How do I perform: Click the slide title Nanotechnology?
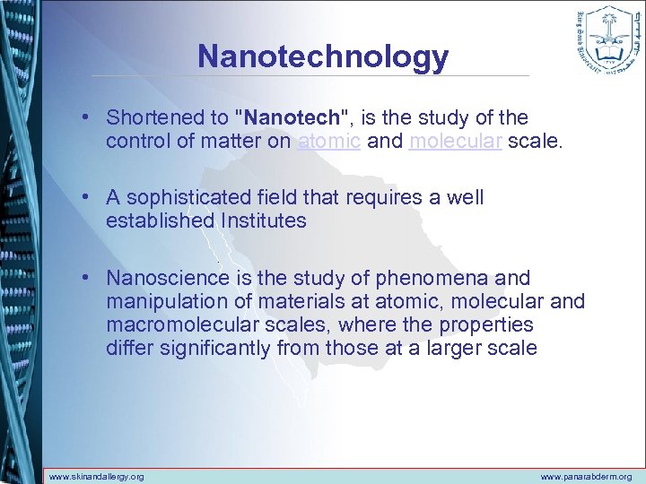(323, 56)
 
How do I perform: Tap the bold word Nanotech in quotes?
(292, 117)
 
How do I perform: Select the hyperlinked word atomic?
(328, 142)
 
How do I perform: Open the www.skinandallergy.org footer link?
(96, 477)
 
